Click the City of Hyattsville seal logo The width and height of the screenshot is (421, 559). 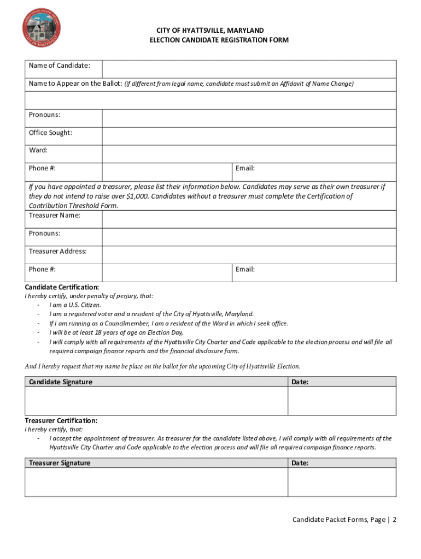41,27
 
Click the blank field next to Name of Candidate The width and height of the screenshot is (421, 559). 249,69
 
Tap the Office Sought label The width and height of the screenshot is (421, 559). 50,133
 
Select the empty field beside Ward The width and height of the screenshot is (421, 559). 249,154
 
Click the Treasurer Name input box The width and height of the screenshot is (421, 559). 249,219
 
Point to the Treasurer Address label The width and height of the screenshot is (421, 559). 57,251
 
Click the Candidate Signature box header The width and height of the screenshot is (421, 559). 61,382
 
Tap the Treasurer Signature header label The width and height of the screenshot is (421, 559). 60,463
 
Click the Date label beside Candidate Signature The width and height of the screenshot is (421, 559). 300,382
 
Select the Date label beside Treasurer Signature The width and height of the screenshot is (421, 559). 300,463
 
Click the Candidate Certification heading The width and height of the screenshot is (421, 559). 62,287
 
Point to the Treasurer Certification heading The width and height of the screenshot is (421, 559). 61,420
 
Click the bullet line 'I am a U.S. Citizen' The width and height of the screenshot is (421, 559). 75,305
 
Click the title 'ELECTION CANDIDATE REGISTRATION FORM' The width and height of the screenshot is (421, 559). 219,40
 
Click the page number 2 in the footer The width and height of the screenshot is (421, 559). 394,520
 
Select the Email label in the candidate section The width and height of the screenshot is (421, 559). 245,168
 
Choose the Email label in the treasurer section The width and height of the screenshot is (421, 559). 245,269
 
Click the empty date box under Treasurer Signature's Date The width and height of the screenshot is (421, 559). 342,482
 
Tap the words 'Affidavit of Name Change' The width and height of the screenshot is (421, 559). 317,84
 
